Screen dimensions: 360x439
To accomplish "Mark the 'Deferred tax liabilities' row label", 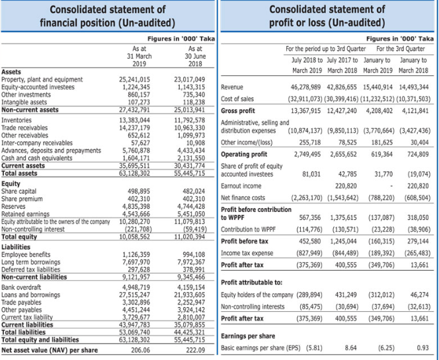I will [32, 251].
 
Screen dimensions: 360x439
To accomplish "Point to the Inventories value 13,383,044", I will [134, 120].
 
